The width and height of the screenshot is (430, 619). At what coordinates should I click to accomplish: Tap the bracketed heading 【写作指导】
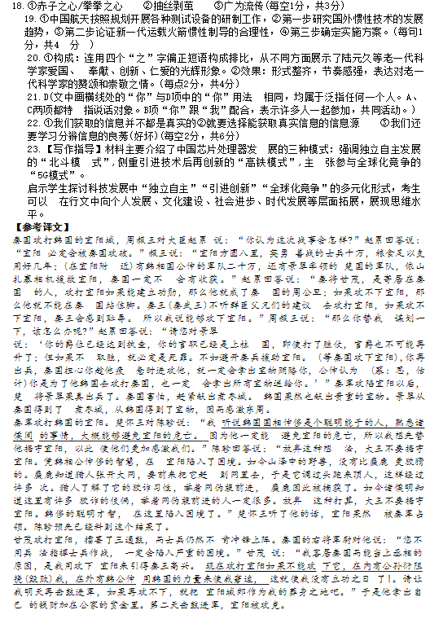[x=67, y=150]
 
